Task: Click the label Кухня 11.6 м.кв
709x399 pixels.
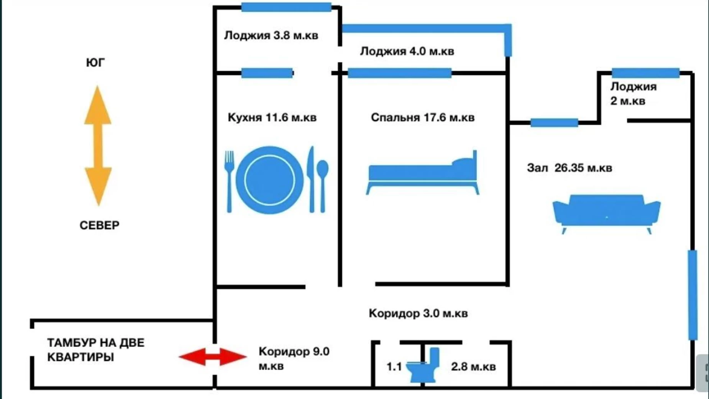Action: [x=272, y=117]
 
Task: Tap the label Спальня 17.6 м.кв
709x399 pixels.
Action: [x=423, y=117]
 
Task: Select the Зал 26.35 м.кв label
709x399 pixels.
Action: [x=569, y=168]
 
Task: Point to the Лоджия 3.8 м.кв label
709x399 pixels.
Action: [x=271, y=36]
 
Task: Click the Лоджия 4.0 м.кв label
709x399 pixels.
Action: [x=407, y=51]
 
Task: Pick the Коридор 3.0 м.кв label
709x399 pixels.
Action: [x=418, y=313]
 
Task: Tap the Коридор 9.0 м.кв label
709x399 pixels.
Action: [x=294, y=358]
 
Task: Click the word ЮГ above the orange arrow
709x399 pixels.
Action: [x=95, y=63]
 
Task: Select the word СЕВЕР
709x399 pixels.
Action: [x=99, y=225]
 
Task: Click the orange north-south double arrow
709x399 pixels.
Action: [x=98, y=146]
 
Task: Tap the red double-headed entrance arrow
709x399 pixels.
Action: [x=213, y=357]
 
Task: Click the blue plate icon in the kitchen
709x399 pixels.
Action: [x=269, y=180]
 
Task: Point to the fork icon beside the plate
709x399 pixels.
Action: [x=229, y=180]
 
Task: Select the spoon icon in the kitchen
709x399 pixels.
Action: [x=323, y=184]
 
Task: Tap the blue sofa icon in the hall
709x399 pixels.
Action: [x=606, y=213]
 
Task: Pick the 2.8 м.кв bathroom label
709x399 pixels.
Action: [x=473, y=367]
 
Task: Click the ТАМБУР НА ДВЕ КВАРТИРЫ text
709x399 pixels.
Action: [x=95, y=350]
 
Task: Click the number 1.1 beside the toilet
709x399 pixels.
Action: [x=394, y=367]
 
